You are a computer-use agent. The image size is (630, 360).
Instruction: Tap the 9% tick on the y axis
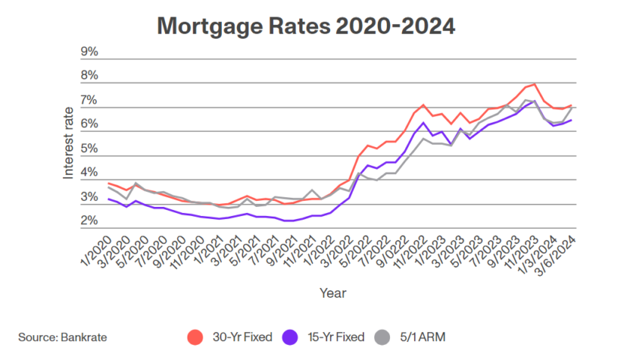pyautogui.click(x=89, y=52)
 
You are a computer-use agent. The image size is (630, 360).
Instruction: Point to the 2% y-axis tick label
pyautogui.click(x=89, y=221)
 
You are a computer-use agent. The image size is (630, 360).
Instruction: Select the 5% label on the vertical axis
pyautogui.click(x=89, y=148)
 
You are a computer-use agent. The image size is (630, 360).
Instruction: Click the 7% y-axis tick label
pyautogui.click(x=89, y=100)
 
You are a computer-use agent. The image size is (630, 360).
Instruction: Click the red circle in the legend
pyautogui.click(x=194, y=337)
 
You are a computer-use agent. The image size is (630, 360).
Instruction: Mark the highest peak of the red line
pyautogui.click(x=534, y=84)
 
